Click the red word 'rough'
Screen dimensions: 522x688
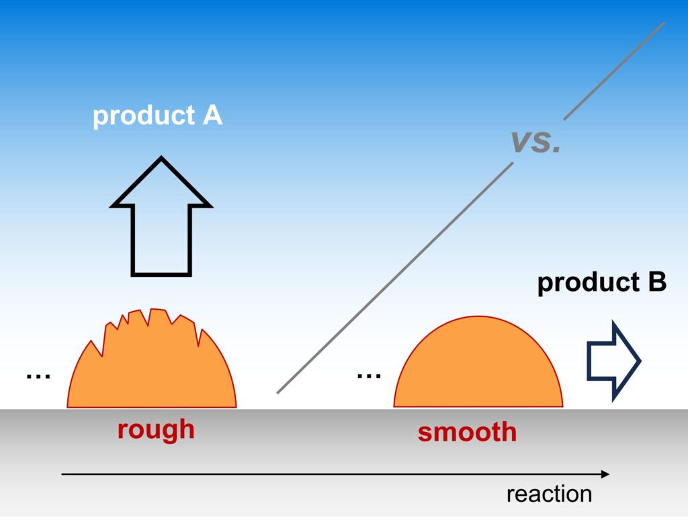tap(156, 429)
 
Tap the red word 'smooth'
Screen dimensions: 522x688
tap(467, 431)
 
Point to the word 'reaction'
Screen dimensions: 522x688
tap(549, 494)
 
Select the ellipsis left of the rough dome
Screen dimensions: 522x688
tap(38, 376)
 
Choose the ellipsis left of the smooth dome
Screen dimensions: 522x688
tap(369, 375)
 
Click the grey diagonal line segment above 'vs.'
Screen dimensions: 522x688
tap(613, 71)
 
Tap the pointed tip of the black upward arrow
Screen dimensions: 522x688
tap(161, 160)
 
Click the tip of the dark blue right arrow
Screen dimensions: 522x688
tap(640, 361)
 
